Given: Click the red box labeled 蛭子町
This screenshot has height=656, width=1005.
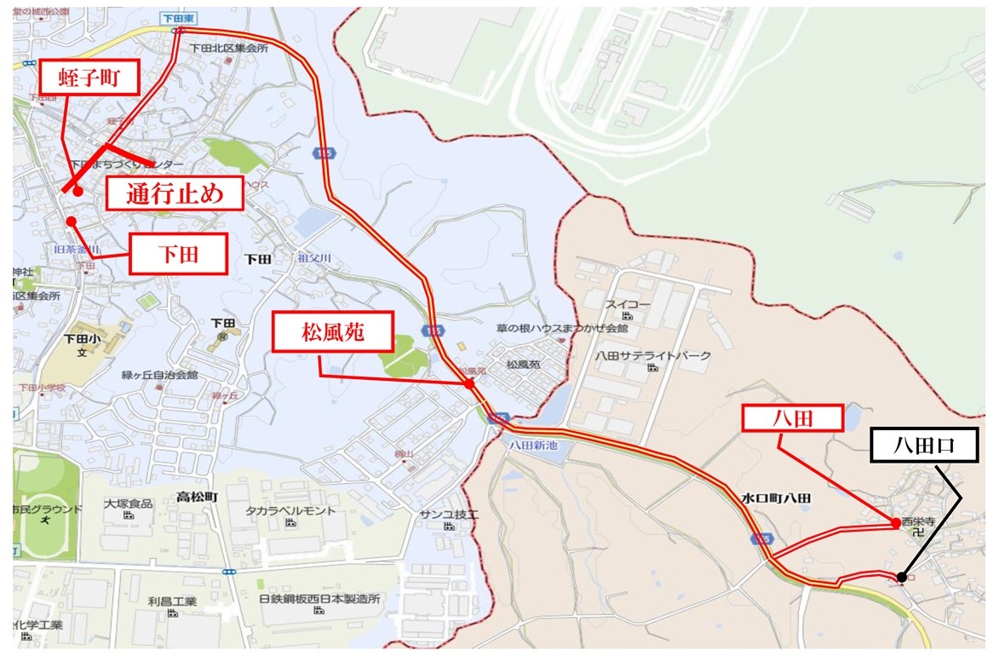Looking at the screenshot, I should [89, 81].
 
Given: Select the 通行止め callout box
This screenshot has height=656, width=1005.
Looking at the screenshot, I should [175, 193].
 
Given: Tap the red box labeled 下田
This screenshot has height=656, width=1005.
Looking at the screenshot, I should [179, 254].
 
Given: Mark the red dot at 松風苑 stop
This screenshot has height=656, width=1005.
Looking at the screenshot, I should [469, 384].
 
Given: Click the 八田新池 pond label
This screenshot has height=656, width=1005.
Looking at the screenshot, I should [534, 445].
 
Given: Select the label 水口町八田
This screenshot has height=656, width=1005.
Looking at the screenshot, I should [774, 498].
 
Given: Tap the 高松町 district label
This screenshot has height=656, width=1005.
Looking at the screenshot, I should [197, 496].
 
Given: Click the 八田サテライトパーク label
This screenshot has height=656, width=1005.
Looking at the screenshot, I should [652, 355].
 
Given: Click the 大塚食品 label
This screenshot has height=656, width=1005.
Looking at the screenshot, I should [129, 504].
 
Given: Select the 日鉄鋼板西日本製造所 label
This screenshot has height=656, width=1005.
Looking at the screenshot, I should [319, 599].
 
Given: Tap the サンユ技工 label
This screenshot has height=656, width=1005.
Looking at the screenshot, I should [449, 515].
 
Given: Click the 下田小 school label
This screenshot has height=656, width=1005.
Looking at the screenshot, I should [76, 338].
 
